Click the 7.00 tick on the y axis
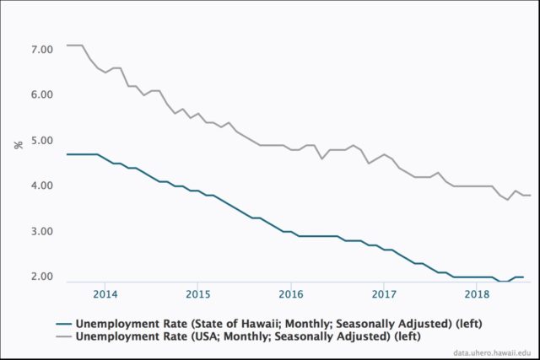[x=42, y=50]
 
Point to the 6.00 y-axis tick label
[x=42, y=95]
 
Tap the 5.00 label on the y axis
[x=42, y=141]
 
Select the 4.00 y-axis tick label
[x=42, y=186]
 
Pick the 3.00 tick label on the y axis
[x=42, y=232]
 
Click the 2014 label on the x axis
[x=105, y=294]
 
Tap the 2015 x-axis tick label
[x=198, y=294]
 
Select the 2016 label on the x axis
[x=291, y=294]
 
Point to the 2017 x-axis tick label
[x=384, y=294]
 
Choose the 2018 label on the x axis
[x=477, y=294]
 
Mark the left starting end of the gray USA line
[x=67, y=46]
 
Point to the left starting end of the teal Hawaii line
[x=67, y=154]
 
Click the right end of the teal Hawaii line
[x=523, y=277]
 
